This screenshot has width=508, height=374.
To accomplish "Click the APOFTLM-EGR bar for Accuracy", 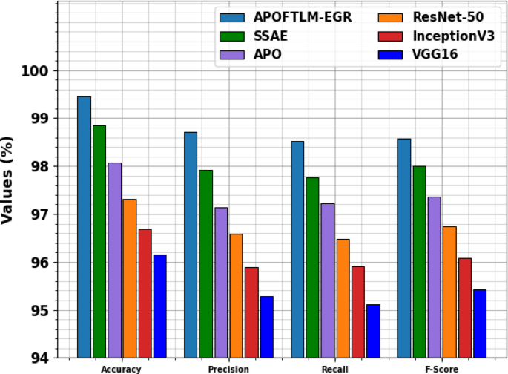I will (x=84, y=227).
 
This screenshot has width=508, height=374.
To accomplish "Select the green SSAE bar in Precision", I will (x=206, y=263).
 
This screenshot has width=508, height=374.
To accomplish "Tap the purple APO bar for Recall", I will (x=327, y=280).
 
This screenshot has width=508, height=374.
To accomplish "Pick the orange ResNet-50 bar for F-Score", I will (x=449, y=292).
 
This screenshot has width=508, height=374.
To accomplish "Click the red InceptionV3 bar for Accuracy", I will (x=145, y=293).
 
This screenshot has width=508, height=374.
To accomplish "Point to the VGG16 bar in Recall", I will (x=373, y=331).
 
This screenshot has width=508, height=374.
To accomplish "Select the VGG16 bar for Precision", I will (x=266, y=327).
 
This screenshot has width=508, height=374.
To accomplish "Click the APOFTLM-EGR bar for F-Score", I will (x=403, y=248).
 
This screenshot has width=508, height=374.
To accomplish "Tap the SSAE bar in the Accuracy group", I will (x=99, y=241).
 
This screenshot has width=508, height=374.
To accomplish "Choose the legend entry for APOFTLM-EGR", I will (x=288, y=17).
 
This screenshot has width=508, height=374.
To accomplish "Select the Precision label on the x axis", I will (x=228, y=369).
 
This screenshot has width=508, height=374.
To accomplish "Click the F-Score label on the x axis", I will (x=441, y=369).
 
